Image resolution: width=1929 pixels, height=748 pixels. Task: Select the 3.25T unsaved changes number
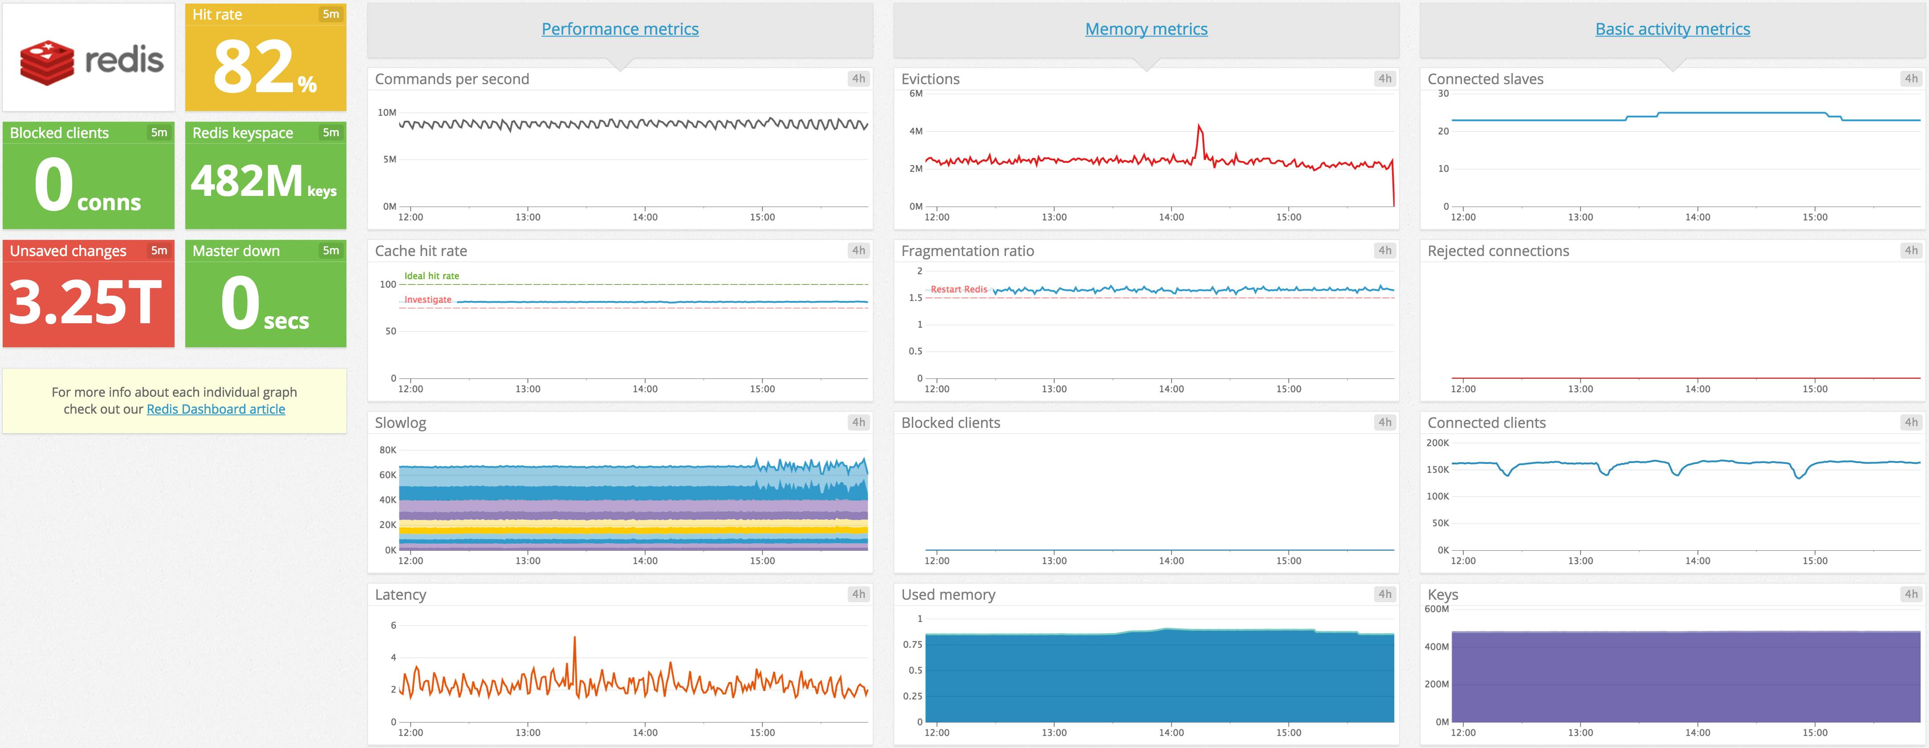click(x=85, y=302)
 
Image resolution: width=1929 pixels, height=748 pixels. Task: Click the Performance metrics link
click(x=619, y=29)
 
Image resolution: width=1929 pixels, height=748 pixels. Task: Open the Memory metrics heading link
click(x=1146, y=29)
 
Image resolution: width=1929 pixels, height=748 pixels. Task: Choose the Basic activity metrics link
click(x=1672, y=29)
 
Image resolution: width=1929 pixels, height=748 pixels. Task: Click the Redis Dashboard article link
click(x=216, y=409)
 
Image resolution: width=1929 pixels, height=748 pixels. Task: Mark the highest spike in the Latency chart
click(x=574, y=638)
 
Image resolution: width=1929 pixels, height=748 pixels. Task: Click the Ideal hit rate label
click(x=431, y=276)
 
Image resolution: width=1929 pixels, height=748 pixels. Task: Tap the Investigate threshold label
click(x=427, y=300)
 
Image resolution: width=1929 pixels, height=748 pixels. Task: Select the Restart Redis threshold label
click(x=959, y=289)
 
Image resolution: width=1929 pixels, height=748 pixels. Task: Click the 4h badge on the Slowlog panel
click(x=858, y=422)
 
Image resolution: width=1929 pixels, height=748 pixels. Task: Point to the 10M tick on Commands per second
click(x=387, y=112)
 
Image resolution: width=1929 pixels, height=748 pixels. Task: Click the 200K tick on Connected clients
click(x=1437, y=443)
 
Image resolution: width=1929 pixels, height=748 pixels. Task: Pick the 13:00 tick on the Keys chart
click(x=1580, y=732)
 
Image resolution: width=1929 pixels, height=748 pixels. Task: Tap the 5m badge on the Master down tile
click(x=330, y=251)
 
